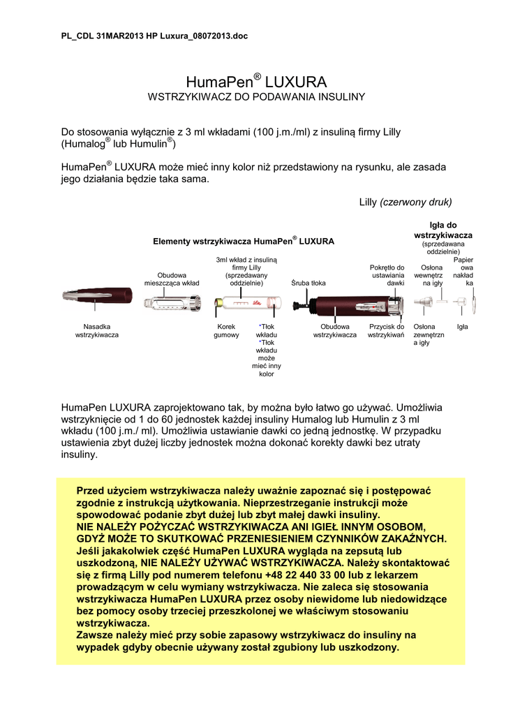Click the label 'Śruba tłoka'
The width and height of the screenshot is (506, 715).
pyautogui.click(x=308, y=283)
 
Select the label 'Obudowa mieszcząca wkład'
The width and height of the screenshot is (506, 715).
pyautogui.click(x=172, y=279)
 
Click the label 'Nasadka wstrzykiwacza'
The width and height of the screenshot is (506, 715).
pyautogui.click(x=97, y=331)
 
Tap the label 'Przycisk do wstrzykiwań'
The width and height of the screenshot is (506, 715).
pyautogui.click(x=387, y=331)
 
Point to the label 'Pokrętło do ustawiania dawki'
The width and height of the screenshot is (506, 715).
pyautogui.click(x=387, y=275)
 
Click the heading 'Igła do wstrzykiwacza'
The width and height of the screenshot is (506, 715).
pyautogui.click(x=442, y=230)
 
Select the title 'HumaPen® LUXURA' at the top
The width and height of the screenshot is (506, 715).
pyautogui.click(x=253, y=80)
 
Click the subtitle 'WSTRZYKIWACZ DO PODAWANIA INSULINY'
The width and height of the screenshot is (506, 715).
pyautogui.click(x=253, y=96)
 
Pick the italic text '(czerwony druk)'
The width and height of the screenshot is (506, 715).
pyautogui.click(x=416, y=202)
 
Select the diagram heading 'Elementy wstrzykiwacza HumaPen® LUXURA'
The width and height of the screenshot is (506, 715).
pyautogui.click(x=244, y=241)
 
